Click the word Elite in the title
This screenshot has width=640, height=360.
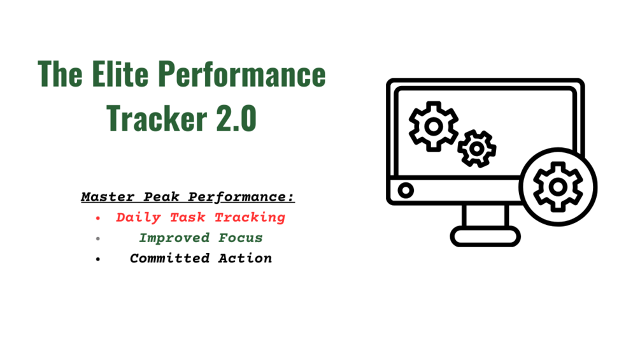coord(120,74)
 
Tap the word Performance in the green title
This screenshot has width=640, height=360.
coord(241,74)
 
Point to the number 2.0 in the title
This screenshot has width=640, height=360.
coord(236,118)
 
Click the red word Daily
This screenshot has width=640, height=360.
coord(138,217)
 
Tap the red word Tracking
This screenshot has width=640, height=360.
coord(250,217)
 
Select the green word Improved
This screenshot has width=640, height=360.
coord(174,238)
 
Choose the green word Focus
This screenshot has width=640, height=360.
coord(241,238)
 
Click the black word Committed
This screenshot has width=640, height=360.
coord(170,258)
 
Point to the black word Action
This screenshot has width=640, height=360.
coord(245,258)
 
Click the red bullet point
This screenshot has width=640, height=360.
coord(98,219)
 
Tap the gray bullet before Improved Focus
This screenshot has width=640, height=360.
coord(98,239)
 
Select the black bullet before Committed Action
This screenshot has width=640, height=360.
coord(98,259)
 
